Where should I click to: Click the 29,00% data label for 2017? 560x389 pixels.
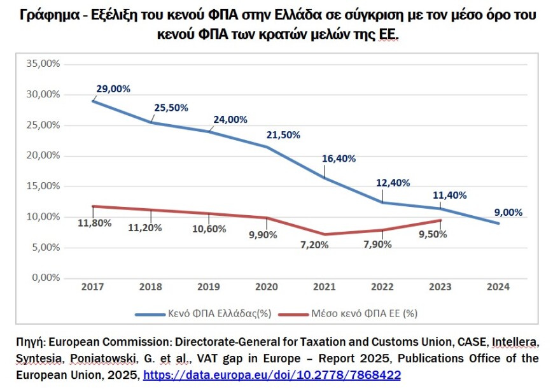point(113,88)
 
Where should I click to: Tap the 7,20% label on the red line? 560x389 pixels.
point(315,245)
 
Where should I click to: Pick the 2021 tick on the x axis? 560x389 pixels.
point(325,287)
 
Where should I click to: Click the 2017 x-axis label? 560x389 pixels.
point(93,287)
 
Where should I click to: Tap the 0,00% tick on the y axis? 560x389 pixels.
point(45,278)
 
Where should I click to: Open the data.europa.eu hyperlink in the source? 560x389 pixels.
point(272,375)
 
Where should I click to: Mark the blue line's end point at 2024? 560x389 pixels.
point(499,223)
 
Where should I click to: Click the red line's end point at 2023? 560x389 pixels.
point(440,220)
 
